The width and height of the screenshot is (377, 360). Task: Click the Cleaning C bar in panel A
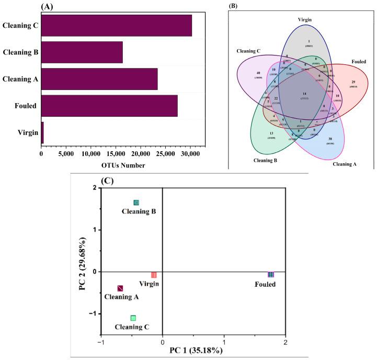tap(116, 26)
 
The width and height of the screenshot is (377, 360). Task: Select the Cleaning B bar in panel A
tap(82, 52)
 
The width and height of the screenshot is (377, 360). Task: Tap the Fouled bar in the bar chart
tap(109, 106)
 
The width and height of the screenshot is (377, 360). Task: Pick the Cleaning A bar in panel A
tap(99, 79)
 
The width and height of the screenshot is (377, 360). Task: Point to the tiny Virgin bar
tap(42, 132)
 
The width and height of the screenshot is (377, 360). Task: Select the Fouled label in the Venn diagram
tap(358, 76)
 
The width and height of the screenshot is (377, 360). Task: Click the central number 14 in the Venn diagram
tap(304, 94)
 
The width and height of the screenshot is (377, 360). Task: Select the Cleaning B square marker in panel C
tap(136, 203)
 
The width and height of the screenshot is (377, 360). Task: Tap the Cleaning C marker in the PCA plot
tap(133, 318)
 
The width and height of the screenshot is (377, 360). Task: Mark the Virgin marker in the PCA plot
tap(154, 275)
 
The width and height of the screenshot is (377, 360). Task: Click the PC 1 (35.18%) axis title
tap(192, 351)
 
